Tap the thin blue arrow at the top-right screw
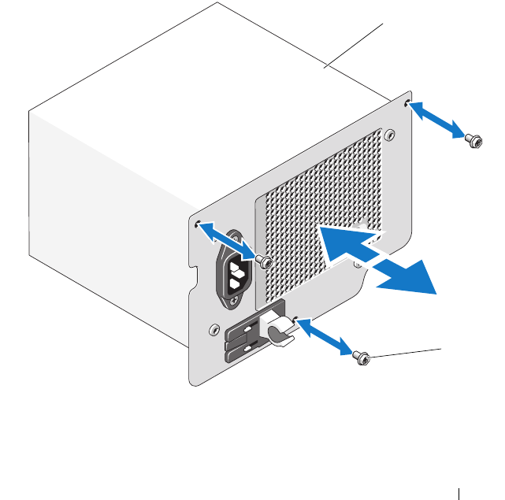(436, 121)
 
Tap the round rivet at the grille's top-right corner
(388, 135)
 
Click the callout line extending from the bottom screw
(406, 352)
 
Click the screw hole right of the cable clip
(296, 319)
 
